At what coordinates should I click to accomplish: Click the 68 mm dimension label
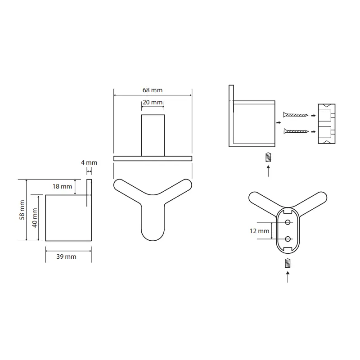(153, 90)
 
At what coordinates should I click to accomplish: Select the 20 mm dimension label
(153, 102)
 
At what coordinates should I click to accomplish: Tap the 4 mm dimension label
(89, 162)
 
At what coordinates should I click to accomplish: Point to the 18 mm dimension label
(62, 186)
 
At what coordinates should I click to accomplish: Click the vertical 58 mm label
(22, 210)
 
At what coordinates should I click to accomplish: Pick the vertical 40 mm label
(35, 218)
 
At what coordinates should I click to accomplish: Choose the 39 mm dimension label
(66, 256)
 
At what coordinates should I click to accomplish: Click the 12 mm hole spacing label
(260, 231)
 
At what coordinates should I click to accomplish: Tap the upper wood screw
(296, 115)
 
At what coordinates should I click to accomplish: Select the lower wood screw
(296, 131)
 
